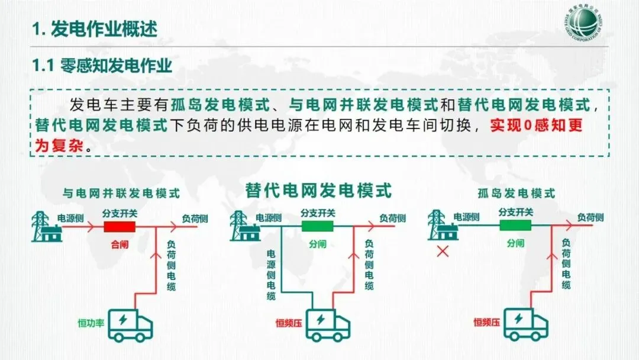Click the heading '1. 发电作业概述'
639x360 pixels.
(95, 28)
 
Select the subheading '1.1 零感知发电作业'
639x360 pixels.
(102, 65)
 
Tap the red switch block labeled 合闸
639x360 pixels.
(120, 227)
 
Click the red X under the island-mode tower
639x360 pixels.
(441, 252)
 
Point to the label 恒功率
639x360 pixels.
(91, 323)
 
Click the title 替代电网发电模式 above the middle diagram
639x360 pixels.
(319, 191)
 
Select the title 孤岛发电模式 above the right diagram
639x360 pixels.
(516, 193)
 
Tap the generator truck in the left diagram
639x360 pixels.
(130, 325)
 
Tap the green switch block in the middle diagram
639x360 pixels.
(318, 226)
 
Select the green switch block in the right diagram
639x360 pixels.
(515, 226)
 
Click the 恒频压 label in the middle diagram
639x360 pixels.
(289, 323)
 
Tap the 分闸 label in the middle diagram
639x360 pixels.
(318, 243)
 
